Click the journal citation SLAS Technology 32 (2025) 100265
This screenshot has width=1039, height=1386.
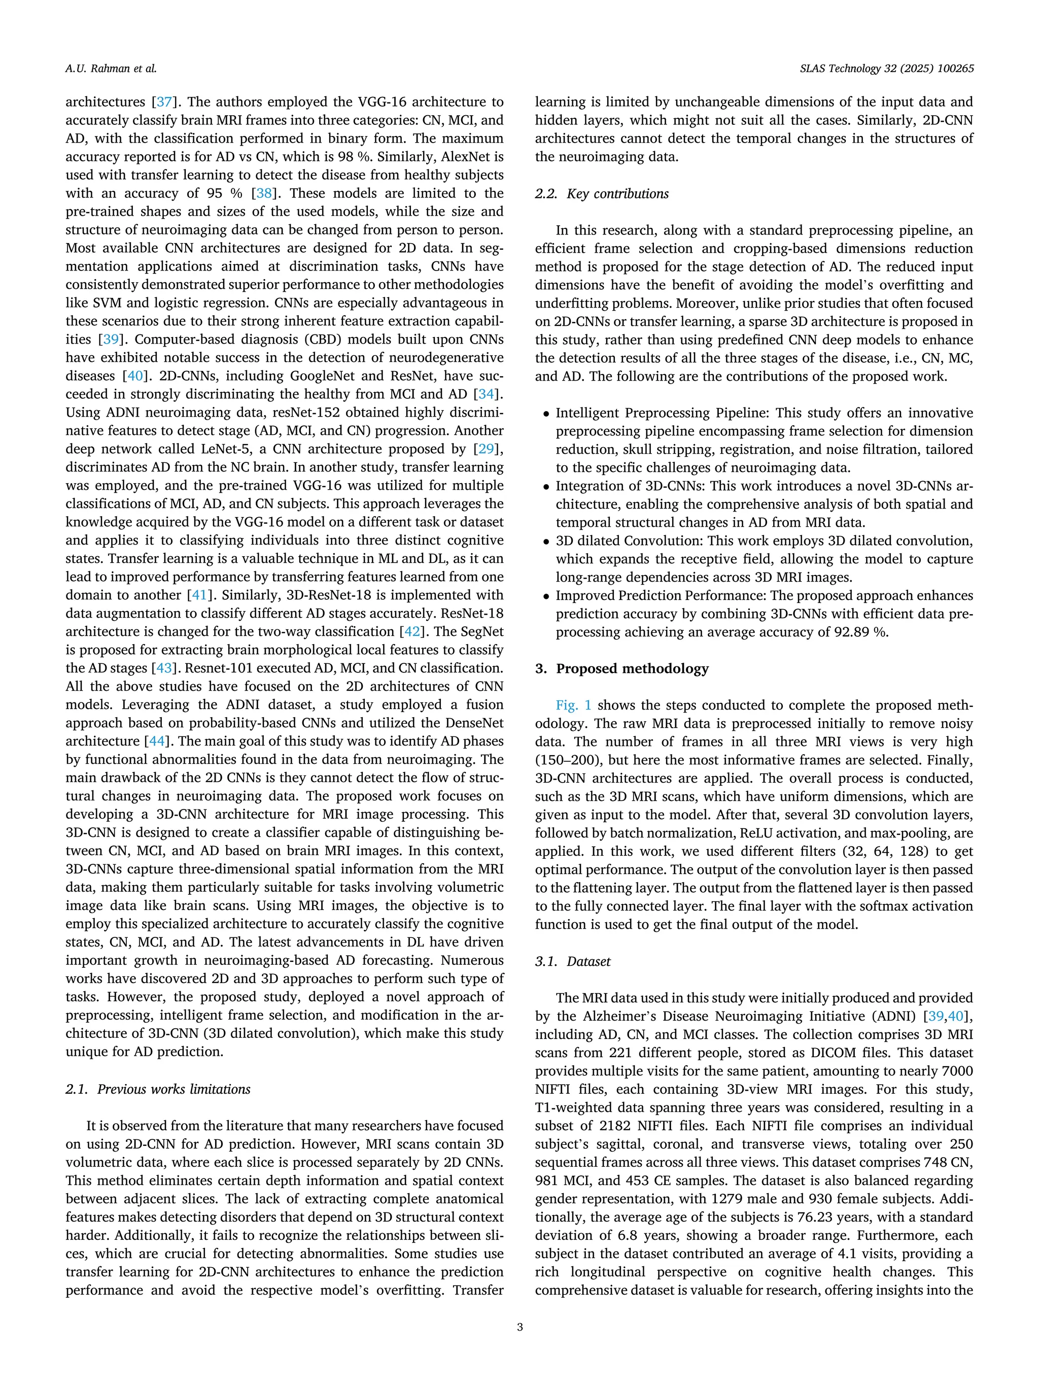[x=886, y=69]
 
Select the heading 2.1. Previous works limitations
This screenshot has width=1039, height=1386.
[x=158, y=1089]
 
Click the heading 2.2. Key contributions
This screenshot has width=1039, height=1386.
[x=601, y=194]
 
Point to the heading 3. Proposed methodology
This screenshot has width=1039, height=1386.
[x=621, y=668]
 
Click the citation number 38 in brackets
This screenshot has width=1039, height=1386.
[x=264, y=193]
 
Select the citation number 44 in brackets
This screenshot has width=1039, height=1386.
[x=155, y=740]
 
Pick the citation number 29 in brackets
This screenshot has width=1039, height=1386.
[x=484, y=449]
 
